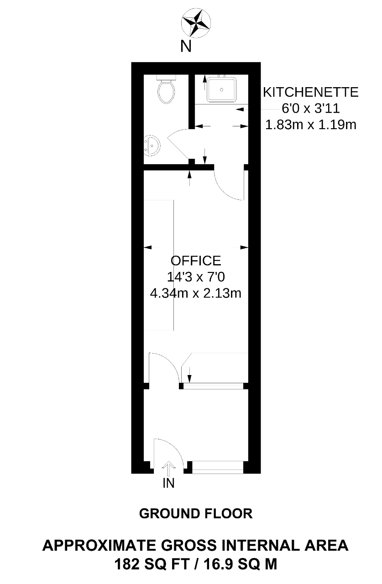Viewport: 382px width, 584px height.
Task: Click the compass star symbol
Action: pos(195,22)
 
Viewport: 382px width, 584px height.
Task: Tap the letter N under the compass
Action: pos(186,47)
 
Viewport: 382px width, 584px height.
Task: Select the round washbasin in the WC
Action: pos(152,145)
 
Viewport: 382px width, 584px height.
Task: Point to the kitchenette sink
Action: pos(221,89)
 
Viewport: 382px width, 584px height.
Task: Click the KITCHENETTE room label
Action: pos(310,92)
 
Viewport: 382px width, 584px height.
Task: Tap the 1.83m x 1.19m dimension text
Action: pos(310,125)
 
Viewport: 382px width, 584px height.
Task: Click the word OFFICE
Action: pos(195,261)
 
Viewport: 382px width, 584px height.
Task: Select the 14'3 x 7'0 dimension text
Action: pos(195,277)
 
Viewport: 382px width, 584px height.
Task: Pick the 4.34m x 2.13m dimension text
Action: pos(195,293)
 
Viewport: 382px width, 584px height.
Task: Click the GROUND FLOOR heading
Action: pos(196,514)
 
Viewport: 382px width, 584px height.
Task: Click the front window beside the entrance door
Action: pos(218,467)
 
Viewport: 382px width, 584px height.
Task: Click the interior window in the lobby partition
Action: pos(213,386)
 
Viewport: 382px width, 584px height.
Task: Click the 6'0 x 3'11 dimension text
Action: pos(310,109)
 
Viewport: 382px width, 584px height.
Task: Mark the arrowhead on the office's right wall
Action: pos(244,247)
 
